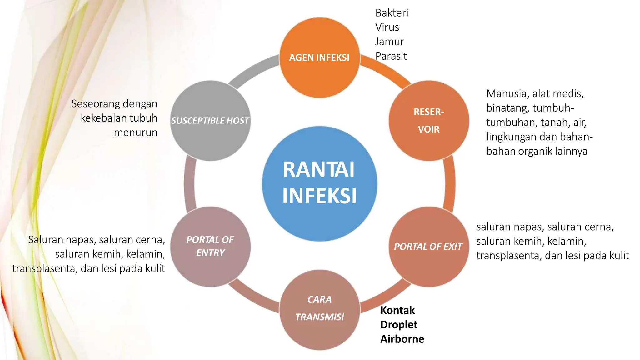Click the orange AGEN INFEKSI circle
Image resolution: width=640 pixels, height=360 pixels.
[x=319, y=58]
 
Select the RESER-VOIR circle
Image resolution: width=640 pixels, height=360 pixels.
[x=429, y=121]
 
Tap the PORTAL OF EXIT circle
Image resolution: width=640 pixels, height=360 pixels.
[x=429, y=247]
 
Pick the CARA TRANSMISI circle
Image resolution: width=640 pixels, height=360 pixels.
[x=319, y=309]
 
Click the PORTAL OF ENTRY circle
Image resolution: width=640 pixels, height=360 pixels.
[x=210, y=247]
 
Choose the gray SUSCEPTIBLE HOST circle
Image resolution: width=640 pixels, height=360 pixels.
[x=210, y=121]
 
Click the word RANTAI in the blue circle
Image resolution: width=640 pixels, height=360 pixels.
[x=319, y=170]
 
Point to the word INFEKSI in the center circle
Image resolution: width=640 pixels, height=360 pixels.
[x=319, y=196]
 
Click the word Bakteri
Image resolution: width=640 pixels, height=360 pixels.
[x=392, y=13]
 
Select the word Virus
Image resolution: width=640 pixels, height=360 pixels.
[x=387, y=27]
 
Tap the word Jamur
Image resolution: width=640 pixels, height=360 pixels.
[x=389, y=42]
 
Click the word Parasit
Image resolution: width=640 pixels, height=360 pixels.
[x=391, y=56]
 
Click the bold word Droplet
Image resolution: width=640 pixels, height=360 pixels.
[x=399, y=325]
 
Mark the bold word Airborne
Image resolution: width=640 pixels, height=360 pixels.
[x=402, y=339]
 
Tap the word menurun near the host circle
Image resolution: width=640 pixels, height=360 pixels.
[x=135, y=132]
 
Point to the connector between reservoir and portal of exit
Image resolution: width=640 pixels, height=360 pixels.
[x=449, y=184]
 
